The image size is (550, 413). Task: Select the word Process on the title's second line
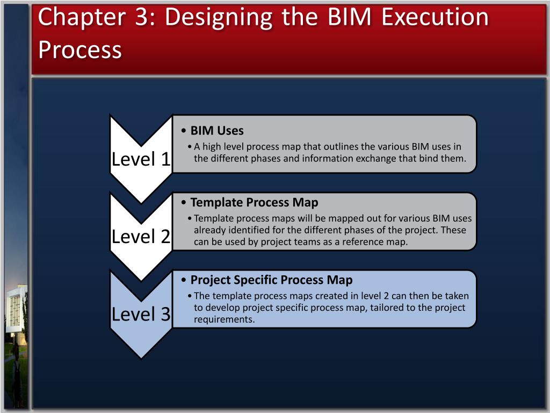tap(80, 49)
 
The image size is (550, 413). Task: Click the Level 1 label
tap(141, 159)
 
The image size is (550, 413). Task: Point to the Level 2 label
tap(141, 236)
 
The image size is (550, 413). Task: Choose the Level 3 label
tap(141, 314)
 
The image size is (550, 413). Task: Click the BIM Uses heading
tap(217, 131)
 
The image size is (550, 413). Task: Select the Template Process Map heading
tap(254, 203)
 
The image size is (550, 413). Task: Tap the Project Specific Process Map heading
tap(271, 280)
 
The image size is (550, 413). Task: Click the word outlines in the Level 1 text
tap(342, 147)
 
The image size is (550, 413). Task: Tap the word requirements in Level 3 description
tap(224, 319)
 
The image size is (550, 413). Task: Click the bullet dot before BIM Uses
tap(184, 131)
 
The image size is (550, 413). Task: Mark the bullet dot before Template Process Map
tap(184, 203)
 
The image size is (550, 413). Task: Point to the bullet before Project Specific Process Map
tap(184, 281)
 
